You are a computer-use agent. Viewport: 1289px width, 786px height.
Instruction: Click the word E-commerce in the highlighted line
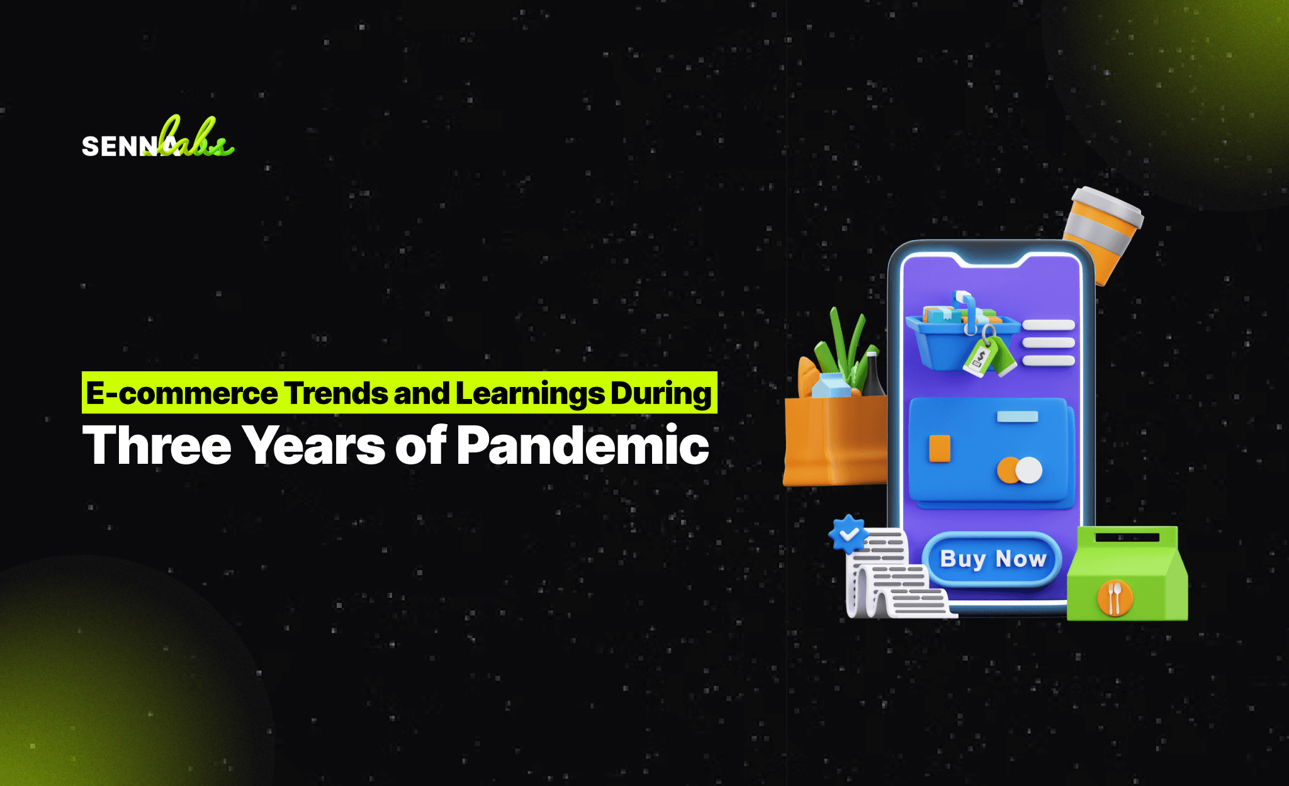click(182, 393)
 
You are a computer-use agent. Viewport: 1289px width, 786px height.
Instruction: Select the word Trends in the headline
click(336, 393)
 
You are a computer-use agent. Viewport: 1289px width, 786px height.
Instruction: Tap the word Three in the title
click(157, 446)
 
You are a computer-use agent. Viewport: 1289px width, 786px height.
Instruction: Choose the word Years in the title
click(314, 446)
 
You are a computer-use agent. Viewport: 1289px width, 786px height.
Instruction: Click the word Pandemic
click(583, 444)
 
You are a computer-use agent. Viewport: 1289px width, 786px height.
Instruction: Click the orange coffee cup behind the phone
click(1102, 233)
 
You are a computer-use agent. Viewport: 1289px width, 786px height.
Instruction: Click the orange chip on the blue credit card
click(940, 448)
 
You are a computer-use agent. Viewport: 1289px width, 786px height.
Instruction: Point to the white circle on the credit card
click(1029, 470)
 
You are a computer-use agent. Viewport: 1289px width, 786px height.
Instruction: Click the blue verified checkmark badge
click(849, 534)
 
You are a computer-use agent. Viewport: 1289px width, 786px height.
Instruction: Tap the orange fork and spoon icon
click(1115, 597)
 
